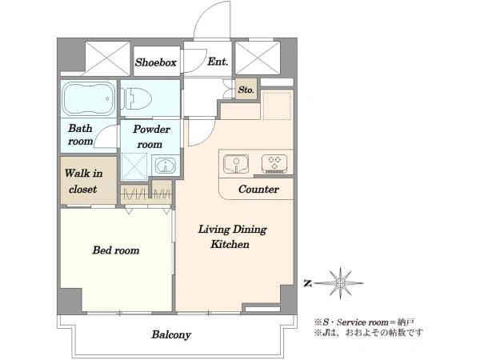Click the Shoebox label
(x=156, y=62)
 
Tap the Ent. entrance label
(x=218, y=62)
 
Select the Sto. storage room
(x=246, y=89)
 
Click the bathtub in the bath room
(x=89, y=98)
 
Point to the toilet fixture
(x=136, y=98)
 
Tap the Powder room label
(x=150, y=137)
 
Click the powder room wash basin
(x=166, y=166)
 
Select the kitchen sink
(x=236, y=164)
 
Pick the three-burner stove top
(x=274, y=164)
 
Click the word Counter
(x=258, y=189)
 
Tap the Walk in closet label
(x=83, y=182)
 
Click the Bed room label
(x=116, y=250)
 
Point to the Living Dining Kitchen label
(x=232, y=237)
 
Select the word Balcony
(x=171, y=334)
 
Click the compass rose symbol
(x=339, y=283)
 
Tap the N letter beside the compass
(x=308, y=283)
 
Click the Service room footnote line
(x=364, y=322)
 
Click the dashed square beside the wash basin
(x=134, y=166)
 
